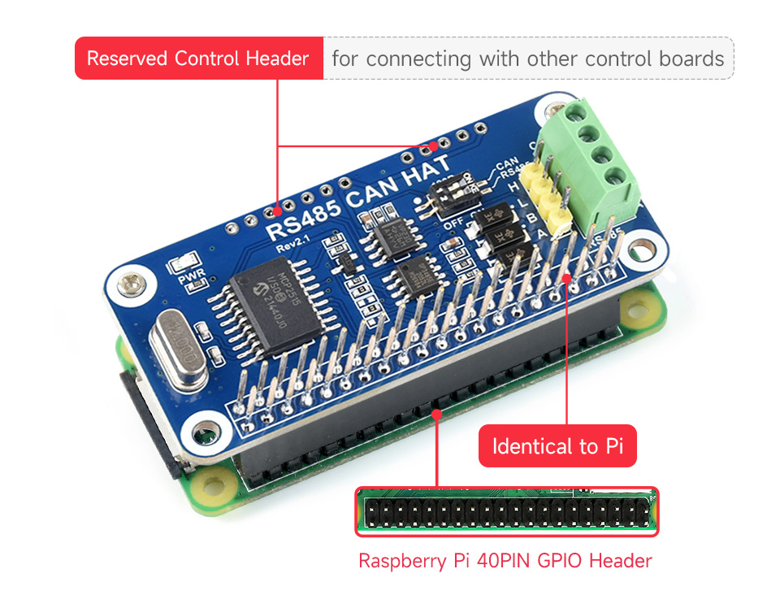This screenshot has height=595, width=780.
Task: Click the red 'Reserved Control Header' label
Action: pyautogui.click(x=198, y=59)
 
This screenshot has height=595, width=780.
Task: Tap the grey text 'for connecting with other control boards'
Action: pyautogui.click(x=528, y=59)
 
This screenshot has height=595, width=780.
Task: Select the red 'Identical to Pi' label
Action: pyautogui.click(x=557, y=446)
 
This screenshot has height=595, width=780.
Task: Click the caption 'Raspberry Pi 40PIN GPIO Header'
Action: pyautogui.click(x=505, y=560)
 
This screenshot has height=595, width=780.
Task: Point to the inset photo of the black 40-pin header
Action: pyautogui.click(x=506, y=511)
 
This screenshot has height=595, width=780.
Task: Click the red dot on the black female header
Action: pyautogui.click(x=437, y=414)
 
